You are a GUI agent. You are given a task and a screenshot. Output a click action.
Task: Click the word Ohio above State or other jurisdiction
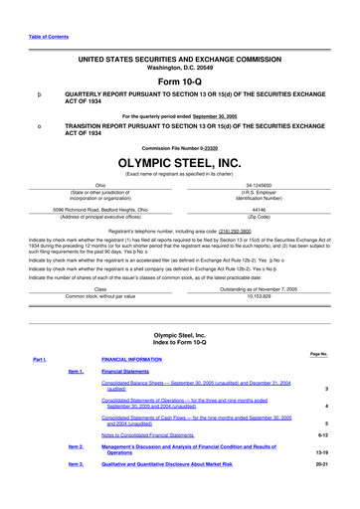click(x=99, y=185)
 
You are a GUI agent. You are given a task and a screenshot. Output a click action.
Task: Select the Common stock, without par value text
click(x=99, y=267)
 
